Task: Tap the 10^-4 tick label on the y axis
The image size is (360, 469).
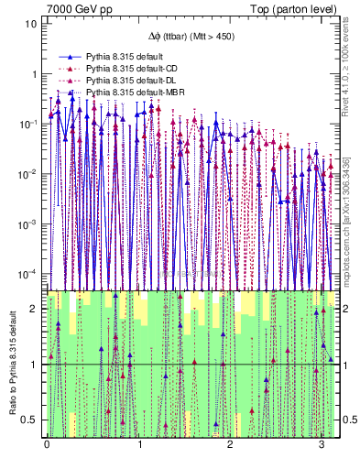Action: click(29, 274)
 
